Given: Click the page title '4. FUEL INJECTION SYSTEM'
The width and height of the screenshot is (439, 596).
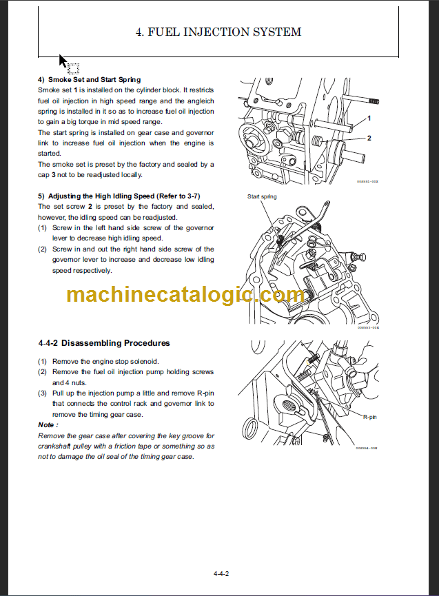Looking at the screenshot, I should click(218, 32).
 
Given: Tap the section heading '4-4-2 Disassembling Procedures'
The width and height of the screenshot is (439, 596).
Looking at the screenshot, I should click(104, 343).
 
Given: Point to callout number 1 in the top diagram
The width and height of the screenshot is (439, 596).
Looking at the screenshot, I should click(369, 119).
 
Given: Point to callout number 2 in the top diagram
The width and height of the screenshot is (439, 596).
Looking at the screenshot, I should click(369, 138).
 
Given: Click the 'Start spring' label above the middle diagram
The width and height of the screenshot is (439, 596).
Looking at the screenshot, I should click(262, 197).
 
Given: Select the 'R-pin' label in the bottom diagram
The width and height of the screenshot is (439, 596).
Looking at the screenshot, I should click(370, 417).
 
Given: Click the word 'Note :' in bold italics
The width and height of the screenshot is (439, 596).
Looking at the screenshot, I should click(48, 425).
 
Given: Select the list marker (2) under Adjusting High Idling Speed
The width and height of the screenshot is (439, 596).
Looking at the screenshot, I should click(43, 249).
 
